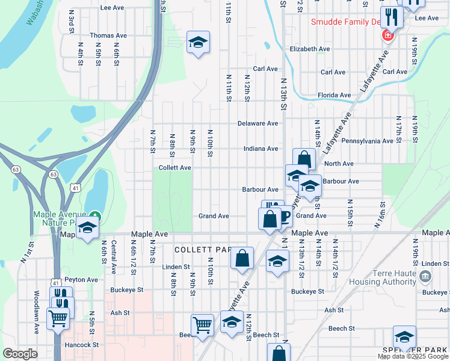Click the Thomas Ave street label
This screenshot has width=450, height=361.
tap(108, 35)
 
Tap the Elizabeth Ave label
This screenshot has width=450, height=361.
tap(310, 49)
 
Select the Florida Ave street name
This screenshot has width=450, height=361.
tap(334, 95)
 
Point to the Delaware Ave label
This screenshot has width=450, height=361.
tap(257, 123)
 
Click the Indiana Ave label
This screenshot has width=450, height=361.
tap(260, 149)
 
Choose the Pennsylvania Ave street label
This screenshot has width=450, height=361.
tap(367, 141)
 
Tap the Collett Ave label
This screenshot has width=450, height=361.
tap(175, 168)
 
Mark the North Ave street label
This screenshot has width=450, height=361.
tap(339, 164)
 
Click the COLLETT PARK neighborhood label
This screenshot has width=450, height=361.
tap(203, 249)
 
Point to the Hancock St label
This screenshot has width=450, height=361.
tap(82, 345)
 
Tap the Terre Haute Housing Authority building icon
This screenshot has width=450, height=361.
tap(425, 276)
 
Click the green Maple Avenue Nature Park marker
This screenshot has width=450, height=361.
tap(94, 215)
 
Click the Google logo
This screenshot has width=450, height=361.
tap(20, 354)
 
